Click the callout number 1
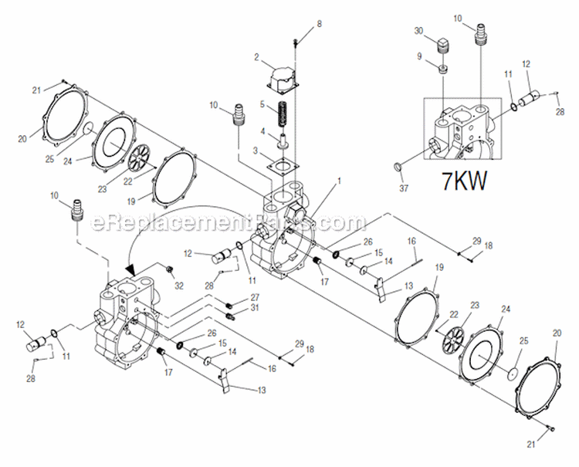click(x=316, y=179)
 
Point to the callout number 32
click(x=180, y=286)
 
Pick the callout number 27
click(x=255, y=297)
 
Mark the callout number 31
click(x=256, y=309)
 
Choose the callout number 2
click(x=258, y=56)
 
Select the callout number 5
click(x=262, y=104)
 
